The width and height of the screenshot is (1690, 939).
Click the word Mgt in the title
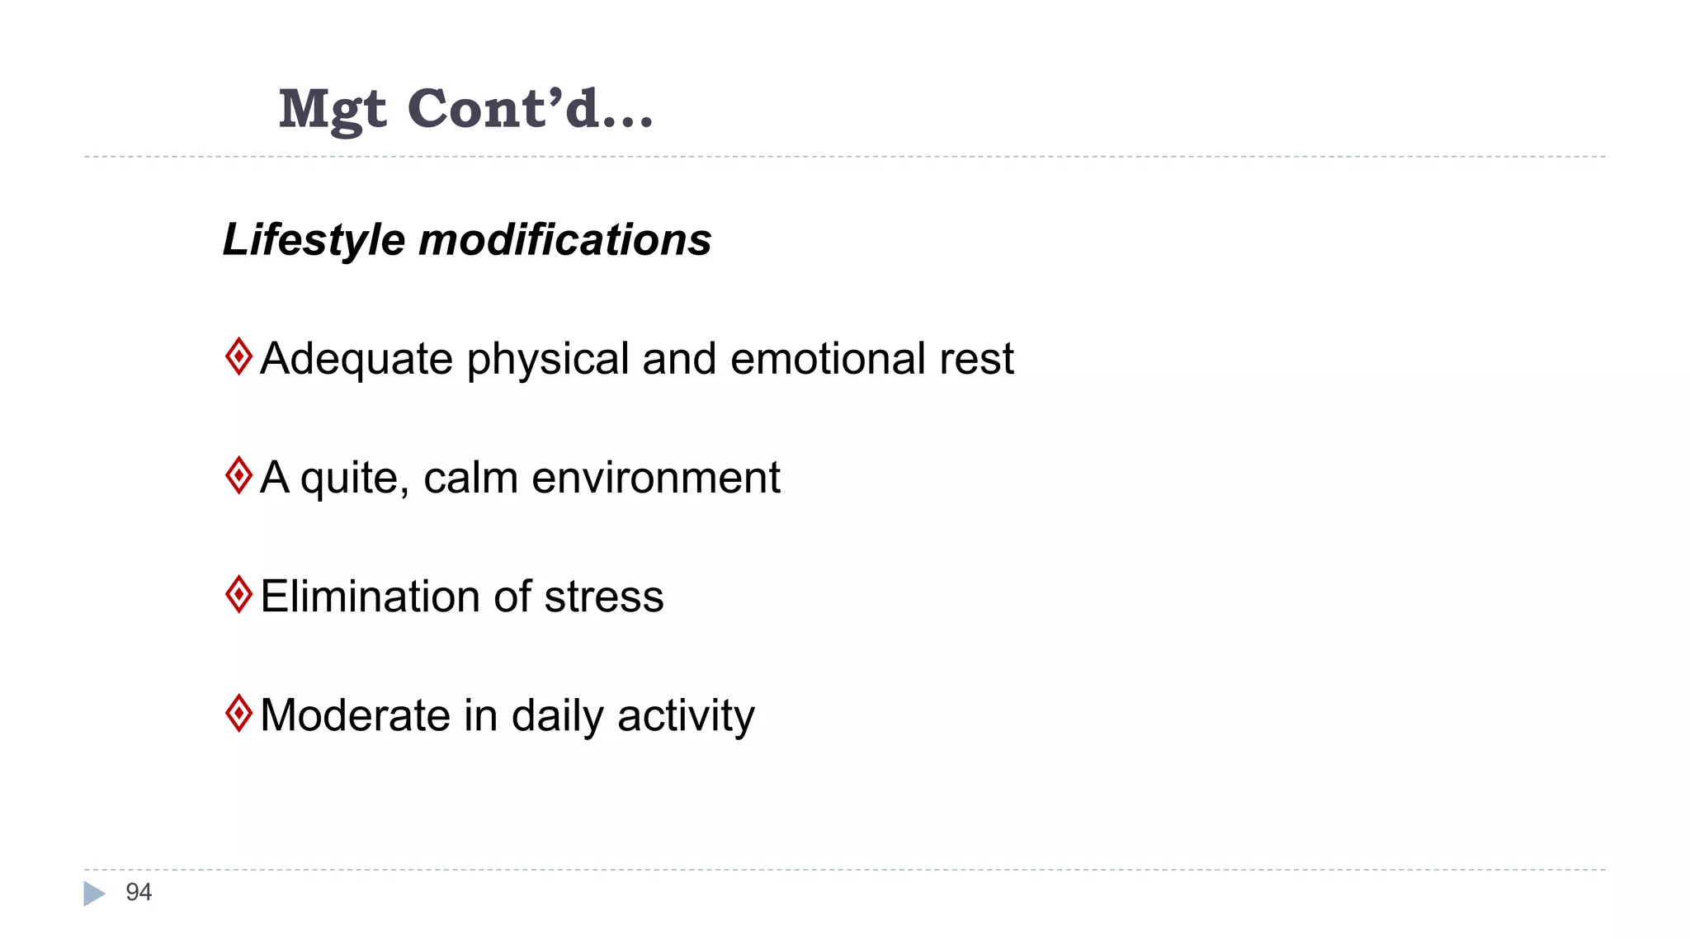click(x=332, y=110)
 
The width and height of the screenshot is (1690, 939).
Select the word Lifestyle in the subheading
click(x=314, y=240)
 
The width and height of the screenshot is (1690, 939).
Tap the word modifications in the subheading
click(x=565, y=240)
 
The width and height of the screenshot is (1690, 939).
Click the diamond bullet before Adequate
click(x=238, y=356)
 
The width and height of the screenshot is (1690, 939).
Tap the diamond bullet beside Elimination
click(x=238, y=594)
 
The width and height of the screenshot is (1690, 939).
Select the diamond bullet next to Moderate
click(x=238, y=713)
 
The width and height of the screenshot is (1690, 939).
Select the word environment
click(x=656, y=478)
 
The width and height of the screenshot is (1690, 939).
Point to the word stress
click(x=604, y=597)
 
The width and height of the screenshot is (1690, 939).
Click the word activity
click(x=686, y=717)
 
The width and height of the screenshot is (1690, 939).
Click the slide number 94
click(x=139, y=892)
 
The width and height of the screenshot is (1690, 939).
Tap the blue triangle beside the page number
click(x=94, y=894)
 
